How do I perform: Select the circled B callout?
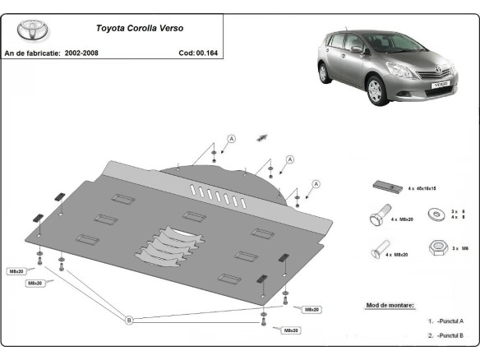pyautogui.click(x=128, y=320)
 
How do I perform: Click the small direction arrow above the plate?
pyautogui.click(x=264, y=136)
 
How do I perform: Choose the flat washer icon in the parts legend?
pyautogui.click(x=432, y=215)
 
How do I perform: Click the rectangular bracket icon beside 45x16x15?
pyautogui.click(x=384, y=187)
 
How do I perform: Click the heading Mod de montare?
pyautogui.click(x=390, y=305)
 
